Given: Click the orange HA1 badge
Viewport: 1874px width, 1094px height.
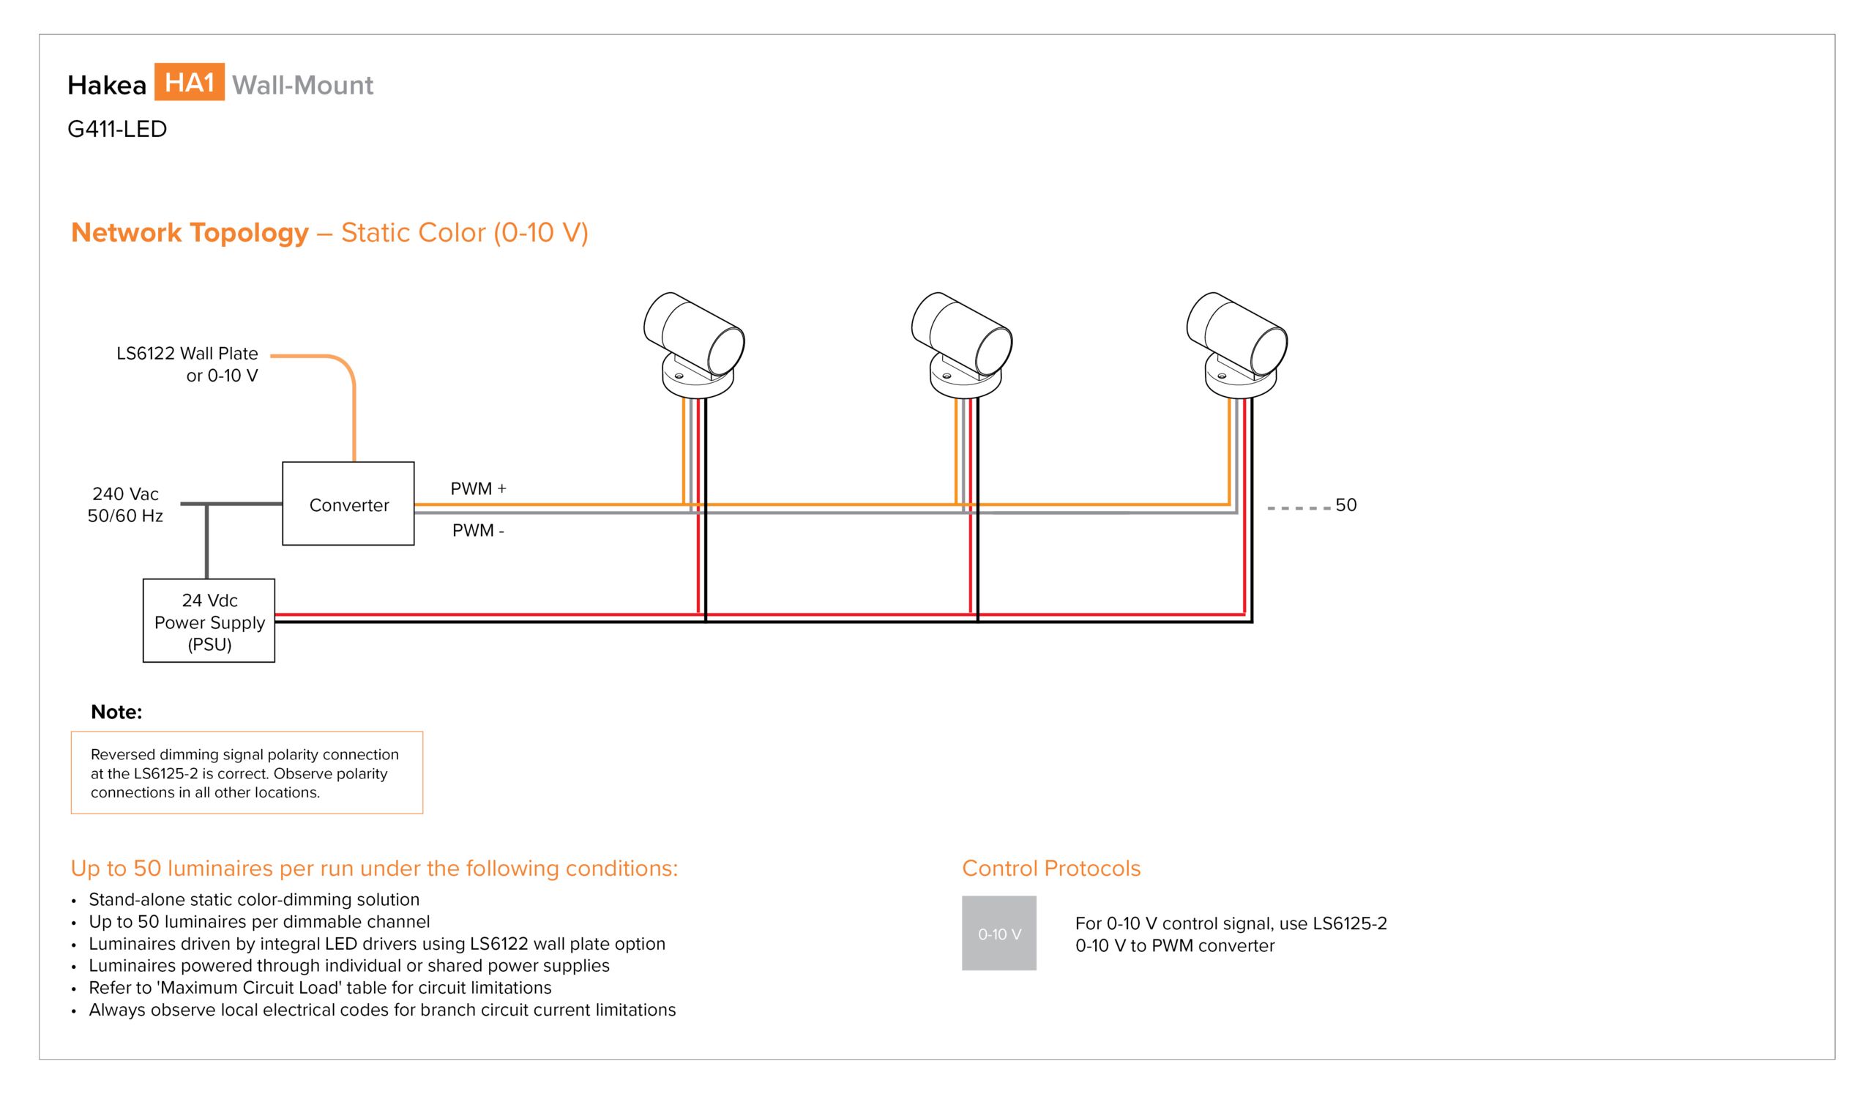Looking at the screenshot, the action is point(189,82).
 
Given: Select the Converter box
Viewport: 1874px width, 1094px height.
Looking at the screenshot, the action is point(348,504).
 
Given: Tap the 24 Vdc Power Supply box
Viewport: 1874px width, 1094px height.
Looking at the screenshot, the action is point(209,621).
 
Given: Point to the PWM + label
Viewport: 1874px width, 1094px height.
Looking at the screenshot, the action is point(478,488).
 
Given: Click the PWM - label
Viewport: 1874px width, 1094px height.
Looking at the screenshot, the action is point(478,530).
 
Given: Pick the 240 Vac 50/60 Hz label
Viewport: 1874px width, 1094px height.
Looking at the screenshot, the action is point(125,505).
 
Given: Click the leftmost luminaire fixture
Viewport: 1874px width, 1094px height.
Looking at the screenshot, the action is point(694,345).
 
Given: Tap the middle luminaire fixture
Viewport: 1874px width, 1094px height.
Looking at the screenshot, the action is point(962,345).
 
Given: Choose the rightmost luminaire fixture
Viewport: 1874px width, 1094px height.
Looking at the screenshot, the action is point(1236,345).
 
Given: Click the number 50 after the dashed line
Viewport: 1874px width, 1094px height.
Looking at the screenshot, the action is point(1346,505).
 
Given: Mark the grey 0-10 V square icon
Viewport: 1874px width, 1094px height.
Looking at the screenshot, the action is point(998,933).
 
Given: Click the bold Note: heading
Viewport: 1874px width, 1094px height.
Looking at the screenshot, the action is point(116,712).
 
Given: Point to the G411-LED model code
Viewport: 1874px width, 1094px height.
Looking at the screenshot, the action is point(116,129).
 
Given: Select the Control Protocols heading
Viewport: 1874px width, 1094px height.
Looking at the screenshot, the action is point(1050,868).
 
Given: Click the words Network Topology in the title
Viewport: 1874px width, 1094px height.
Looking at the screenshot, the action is point(190,232).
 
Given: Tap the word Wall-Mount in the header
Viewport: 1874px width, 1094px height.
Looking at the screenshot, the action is point(302,85).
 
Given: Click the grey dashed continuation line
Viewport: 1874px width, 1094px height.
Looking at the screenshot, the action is point(1299,508).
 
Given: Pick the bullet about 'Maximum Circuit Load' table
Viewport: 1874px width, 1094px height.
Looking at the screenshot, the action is point(320,988).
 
